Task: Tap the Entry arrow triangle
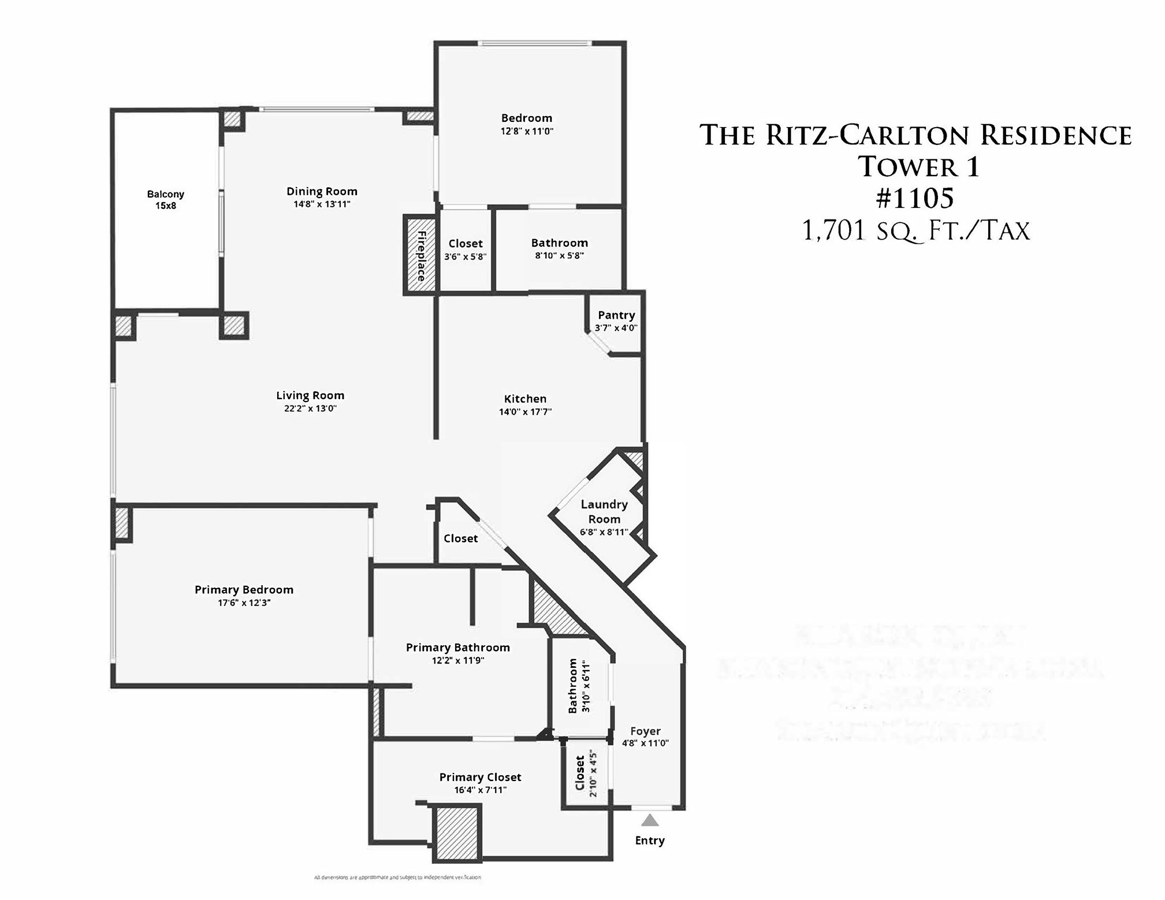[650, 820]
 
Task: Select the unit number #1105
[915, 198]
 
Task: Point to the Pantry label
[616, 315]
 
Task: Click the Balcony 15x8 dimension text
[166, 206]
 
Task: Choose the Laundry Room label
[604, 511]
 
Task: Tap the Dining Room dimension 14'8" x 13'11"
[322, 204]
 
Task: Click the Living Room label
[310, 395]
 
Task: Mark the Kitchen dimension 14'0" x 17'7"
[525, 412]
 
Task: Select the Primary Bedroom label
[244, 589]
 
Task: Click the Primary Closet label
[480, 777]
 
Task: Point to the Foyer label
[645, 731]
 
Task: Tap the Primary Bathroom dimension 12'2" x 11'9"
[458, 660]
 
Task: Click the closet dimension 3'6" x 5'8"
[466, 256]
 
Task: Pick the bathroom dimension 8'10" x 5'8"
[559, 255]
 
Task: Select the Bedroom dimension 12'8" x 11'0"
[527, 131]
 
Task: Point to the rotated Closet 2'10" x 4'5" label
[586, 773]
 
